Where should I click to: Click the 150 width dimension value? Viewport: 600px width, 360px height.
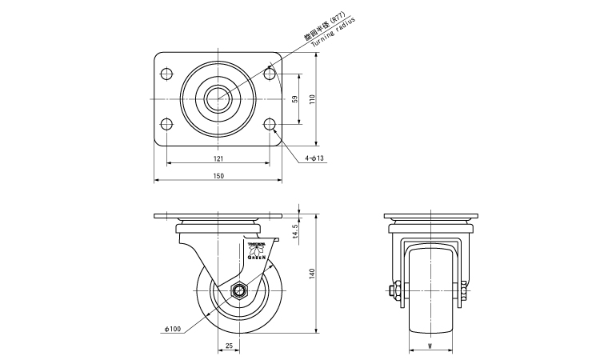point(218,175)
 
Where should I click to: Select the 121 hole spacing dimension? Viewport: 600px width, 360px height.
point(218,158)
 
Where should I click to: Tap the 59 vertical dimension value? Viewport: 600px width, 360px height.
point(295,99)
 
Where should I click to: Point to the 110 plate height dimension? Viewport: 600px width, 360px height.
point(313,99)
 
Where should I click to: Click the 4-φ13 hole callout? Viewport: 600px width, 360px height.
point(314,158)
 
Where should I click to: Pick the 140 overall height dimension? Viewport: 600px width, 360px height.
point(313,274)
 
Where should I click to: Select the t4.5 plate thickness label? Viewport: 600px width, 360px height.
point(295,230)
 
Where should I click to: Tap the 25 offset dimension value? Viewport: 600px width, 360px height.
point(229,346)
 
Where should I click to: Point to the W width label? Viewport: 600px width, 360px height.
point(430,346)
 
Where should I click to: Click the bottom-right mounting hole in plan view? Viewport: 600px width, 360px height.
point(270,125)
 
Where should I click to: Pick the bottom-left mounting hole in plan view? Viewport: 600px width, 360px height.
point(167,125)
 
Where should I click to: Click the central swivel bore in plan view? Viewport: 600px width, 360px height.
point(218,100)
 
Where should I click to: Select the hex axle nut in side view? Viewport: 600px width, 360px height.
point(237,290)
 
